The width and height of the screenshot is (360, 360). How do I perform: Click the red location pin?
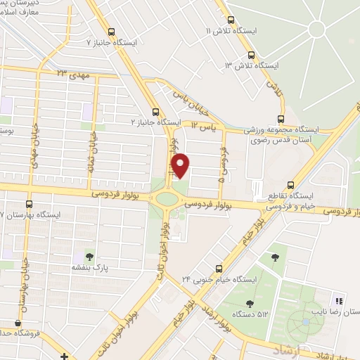(x=181, y=166)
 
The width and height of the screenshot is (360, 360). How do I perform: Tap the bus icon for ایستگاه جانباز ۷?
(x=111, y=31)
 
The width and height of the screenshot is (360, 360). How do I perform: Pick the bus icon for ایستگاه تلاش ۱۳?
(x=252, y=55)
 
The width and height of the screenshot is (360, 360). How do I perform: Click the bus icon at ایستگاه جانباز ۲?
(x=156, y=111)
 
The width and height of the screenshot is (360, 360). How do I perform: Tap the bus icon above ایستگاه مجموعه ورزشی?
(x=281, y=118)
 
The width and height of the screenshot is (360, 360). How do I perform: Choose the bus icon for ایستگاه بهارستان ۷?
(x=29, y=203)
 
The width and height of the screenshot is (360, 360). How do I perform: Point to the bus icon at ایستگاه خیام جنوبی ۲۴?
(x=219, y=268)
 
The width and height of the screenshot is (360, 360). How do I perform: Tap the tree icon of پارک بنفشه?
(x=89, y=255)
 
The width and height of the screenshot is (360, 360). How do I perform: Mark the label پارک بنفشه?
(x=89, y=267)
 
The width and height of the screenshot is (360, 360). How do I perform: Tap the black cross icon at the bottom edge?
(x=64, y=356)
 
